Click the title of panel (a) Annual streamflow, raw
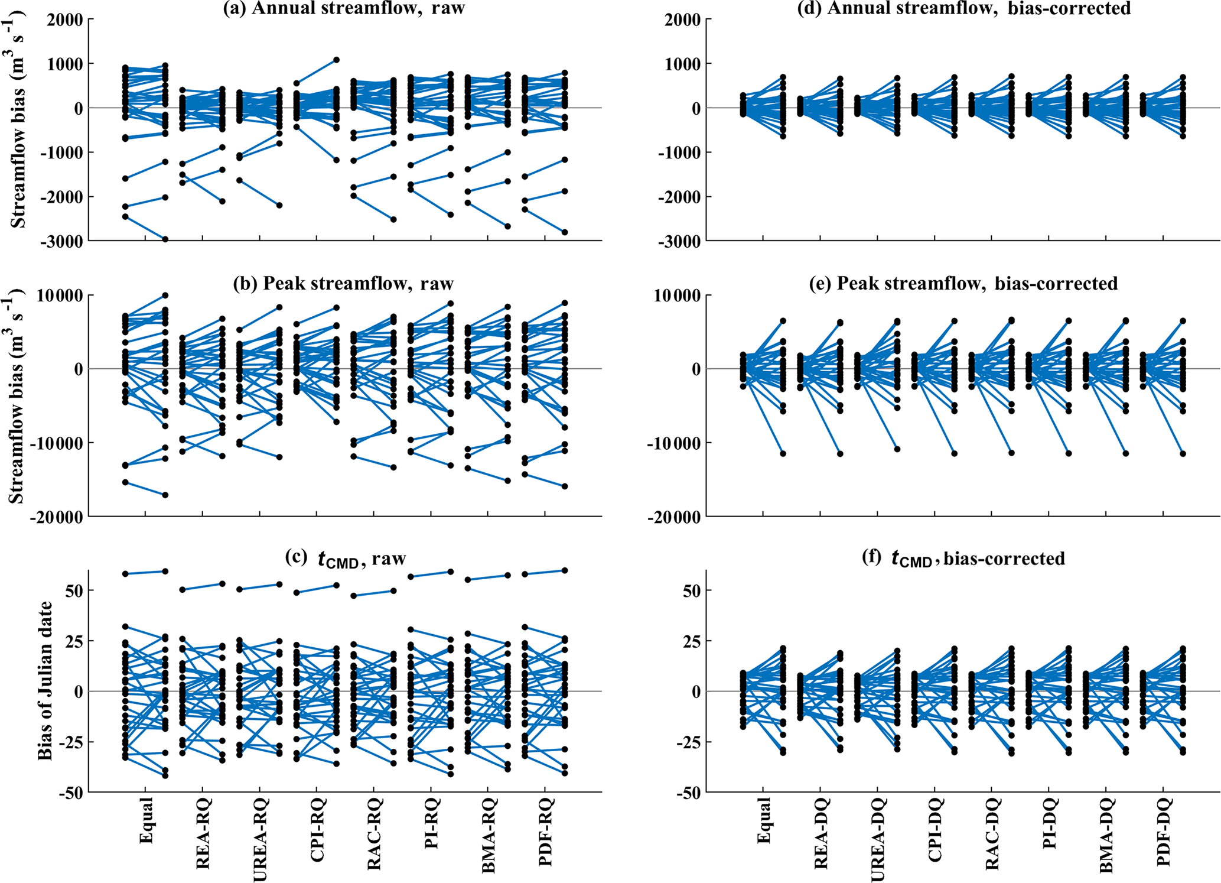tap(344, 8)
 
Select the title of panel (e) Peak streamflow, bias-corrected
tap(963, 284)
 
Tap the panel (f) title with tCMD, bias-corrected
tap(963, 559)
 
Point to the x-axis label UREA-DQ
tap(878, 839)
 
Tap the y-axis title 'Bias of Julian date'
tap(45, 680)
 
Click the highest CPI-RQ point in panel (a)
tap(336, 60)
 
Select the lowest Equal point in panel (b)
tap(165, 495)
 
